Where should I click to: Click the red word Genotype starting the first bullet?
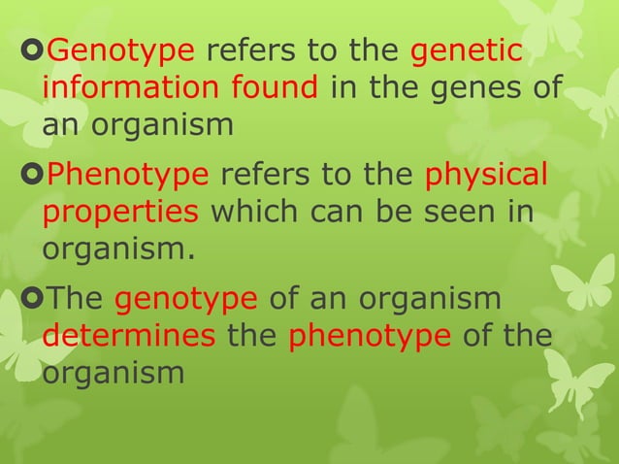[x=121, y=51]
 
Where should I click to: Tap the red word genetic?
[x=467, y=51]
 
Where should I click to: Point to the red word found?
[x=275, y=88]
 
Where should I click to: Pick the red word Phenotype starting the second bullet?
[x=128, y=175]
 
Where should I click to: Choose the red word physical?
[x=486, y=175]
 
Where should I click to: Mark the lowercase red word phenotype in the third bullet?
[x=370, y=336]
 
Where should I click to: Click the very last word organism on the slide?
[x=113, y=373]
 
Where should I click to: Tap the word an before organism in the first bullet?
[x=60, y=125]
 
